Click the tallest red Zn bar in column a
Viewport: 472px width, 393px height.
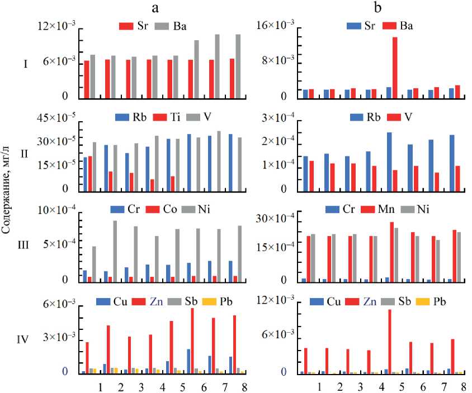tap(192, 341)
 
